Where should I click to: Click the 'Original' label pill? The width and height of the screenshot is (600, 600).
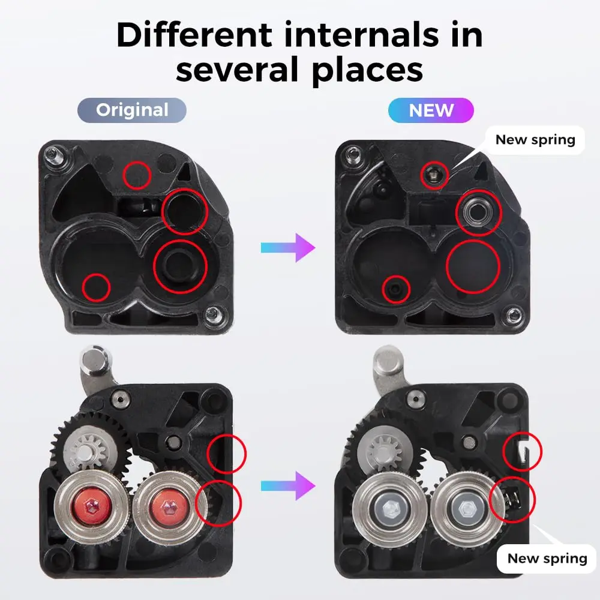(x=132, y=110)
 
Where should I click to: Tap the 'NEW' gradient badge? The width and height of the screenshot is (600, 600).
(x=431, y=110)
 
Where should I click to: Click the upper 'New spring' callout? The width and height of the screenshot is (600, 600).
(x=535, y=140)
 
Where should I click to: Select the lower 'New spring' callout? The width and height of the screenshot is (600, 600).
(x=547, y=559)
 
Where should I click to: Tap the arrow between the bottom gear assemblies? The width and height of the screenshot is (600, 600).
(x=288, y=485)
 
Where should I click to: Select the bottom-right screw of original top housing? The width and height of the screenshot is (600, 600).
(x=212, y=312)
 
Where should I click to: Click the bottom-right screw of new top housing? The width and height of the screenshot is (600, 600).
(x=513, y=314)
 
